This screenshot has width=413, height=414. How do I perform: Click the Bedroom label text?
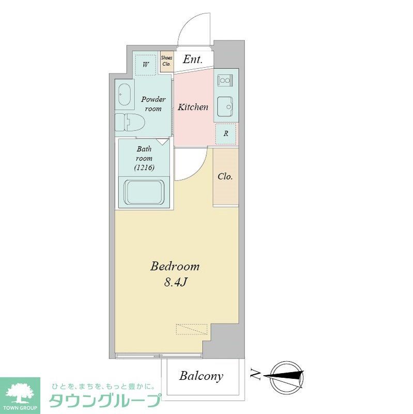pyautogui.click(x=175, y=267)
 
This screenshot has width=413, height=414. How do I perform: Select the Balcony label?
pyautogui.click(x=202, y=376)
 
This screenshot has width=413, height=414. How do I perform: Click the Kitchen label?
pyautogui.click(x=193, y=107)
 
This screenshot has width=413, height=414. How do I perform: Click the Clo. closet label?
pyautogui.click(x=225, y=176)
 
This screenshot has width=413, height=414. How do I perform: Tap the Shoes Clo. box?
pyautogui.click(x=166, y=62)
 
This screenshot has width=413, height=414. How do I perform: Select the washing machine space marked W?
pyautogui.click(x=146, y=65)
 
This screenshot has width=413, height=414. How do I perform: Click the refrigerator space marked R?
pyautogui.click(x=225, y=134)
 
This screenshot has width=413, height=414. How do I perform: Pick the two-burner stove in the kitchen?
pyautogui.click(x=226, y=80)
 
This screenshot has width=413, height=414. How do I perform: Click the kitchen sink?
pyautogui.click(x=225, y=107)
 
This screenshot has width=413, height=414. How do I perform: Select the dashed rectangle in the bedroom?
pyautogui.click(x=191, y=329)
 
